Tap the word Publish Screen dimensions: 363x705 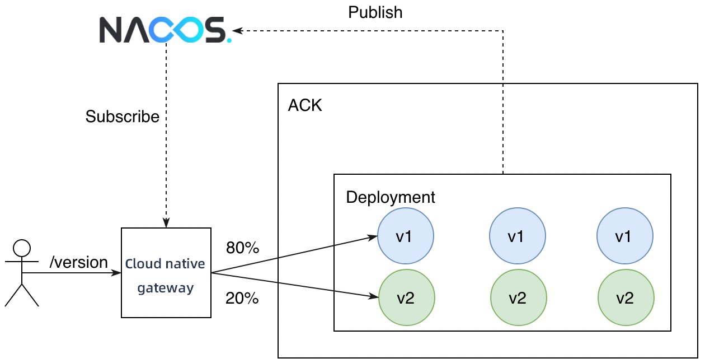click(375, 12)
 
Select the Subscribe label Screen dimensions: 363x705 click(123, 117)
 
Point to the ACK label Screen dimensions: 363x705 click(305, 105)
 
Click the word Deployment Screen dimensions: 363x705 click(391, 197)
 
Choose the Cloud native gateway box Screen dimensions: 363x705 click(166, 273)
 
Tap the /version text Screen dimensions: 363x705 click(79, 262)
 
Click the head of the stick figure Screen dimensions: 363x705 click(22, 248)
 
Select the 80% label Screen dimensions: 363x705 click(242, 248)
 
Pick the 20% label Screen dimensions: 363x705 click(242, 299)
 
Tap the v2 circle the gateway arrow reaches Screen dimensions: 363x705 click(406, 298)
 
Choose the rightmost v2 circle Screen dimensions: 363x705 click(626, 298)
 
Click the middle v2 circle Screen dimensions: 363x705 click(518, 298)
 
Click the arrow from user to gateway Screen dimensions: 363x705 click(73, 273)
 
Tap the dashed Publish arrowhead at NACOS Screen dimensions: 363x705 click(237, 31)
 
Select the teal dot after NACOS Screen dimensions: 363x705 click(229, 41)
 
